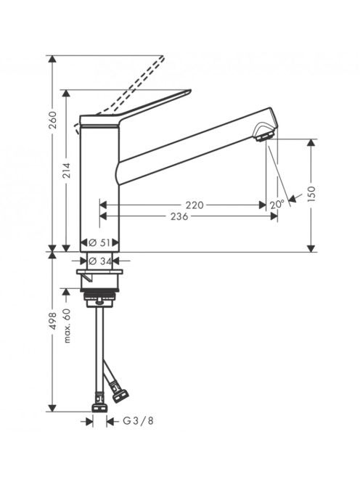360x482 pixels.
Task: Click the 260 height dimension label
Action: click(53, 120)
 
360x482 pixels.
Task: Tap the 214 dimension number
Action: click(67, 171)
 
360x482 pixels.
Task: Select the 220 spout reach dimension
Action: click(195, 205)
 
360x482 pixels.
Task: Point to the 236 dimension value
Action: click(179, 216)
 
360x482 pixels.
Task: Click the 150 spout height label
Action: click(311, 195)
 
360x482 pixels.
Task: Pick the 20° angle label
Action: click(277, 205)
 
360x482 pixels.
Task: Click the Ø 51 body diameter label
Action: click(99, 242)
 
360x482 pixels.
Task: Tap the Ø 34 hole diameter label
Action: click(99, 261)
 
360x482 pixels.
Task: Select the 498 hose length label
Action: click(53, 322)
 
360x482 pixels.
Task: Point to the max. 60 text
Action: click(67, 326)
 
